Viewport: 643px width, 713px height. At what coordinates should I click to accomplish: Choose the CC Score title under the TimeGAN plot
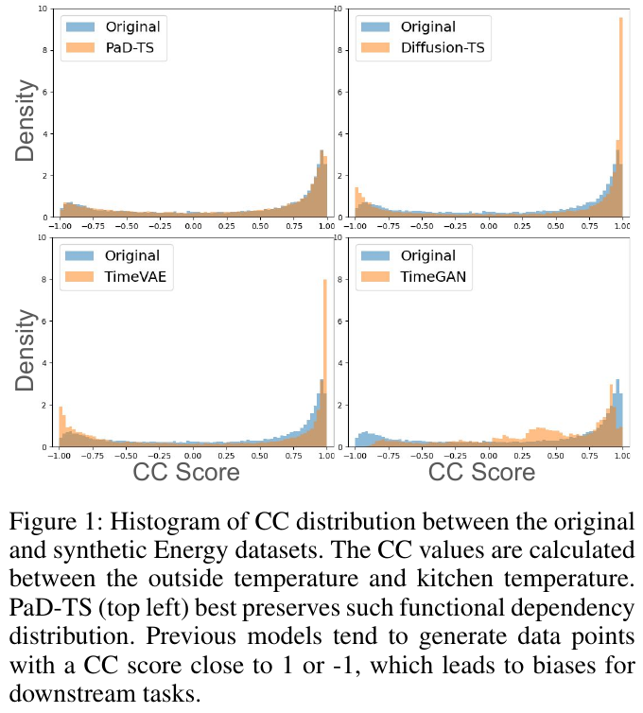pyautogui.click(x=482, y=472)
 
